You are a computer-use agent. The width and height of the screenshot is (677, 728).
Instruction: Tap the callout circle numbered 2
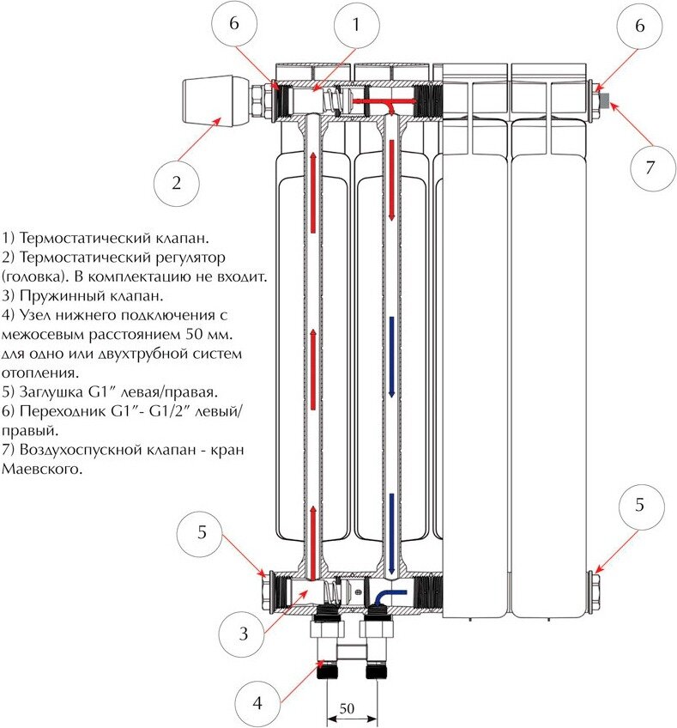[177, 183]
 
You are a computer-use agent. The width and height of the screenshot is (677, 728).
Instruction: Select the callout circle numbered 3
[244, 634]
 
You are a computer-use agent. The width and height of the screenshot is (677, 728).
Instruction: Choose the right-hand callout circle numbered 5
[639, 505]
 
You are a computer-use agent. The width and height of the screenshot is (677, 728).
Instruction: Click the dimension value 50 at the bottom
[348, 709]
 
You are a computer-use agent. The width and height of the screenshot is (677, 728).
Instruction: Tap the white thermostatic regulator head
[214, 101]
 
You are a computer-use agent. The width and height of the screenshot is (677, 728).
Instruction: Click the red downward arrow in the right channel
[393, 176]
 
